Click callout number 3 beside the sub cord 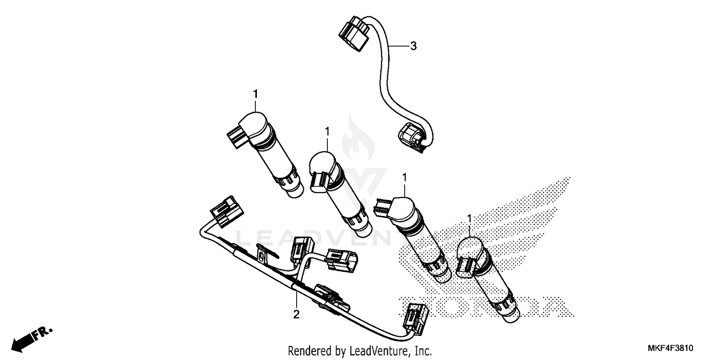[413, 46]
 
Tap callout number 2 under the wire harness [296, 315]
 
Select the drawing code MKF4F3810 [673, 348]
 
